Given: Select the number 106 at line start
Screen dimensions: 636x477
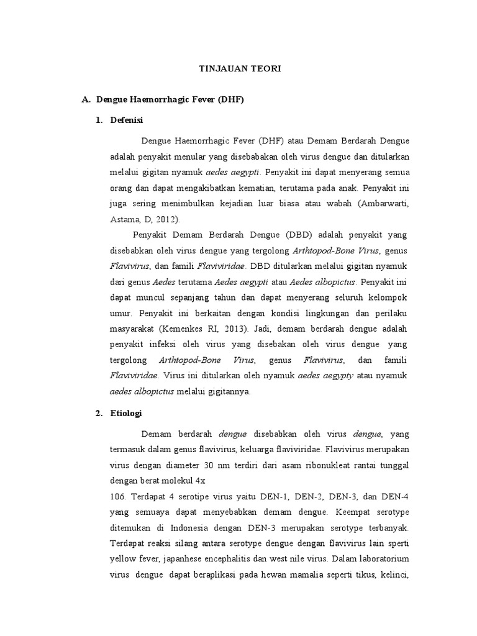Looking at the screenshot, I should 119,497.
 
